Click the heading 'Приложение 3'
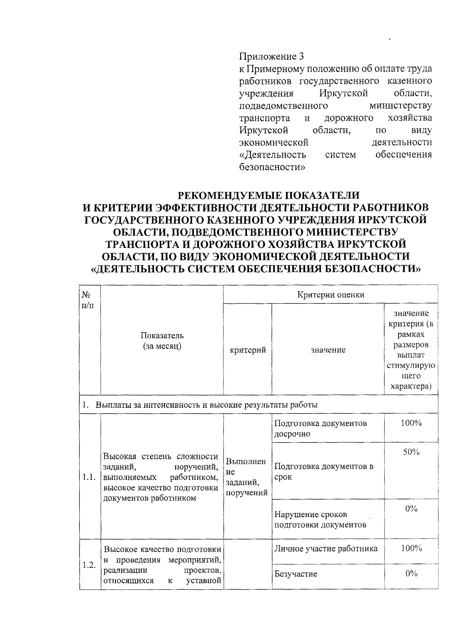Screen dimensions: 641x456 point(271,57)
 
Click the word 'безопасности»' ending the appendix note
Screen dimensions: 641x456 point(272,167)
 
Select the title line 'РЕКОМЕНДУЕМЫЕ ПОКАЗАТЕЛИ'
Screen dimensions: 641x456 point(269,195)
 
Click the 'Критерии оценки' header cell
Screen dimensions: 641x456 point(331,295)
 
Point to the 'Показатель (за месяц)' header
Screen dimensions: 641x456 point(162,341)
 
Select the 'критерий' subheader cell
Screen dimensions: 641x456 point(248,350)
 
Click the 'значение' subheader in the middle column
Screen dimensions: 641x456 point(328,350)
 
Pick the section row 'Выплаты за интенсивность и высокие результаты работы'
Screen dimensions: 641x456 point(206,405)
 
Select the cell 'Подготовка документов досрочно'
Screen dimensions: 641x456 point(320,428)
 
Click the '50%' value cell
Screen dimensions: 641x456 point(411,452)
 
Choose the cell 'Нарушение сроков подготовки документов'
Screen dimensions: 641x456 point(320,520)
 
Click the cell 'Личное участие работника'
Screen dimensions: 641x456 point(326,549)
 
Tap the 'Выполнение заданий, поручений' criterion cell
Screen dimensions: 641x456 point(247,477)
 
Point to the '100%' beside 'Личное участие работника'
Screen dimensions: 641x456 point(411,548)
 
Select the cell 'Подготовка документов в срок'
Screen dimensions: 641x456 point(324,471)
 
